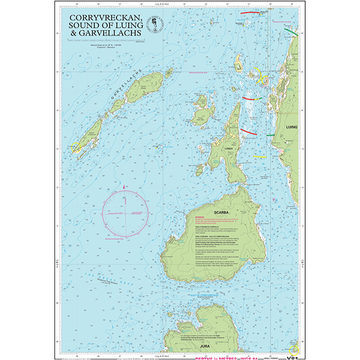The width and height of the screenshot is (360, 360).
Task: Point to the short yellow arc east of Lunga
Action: pyautogui.click(x=260, y=155)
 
